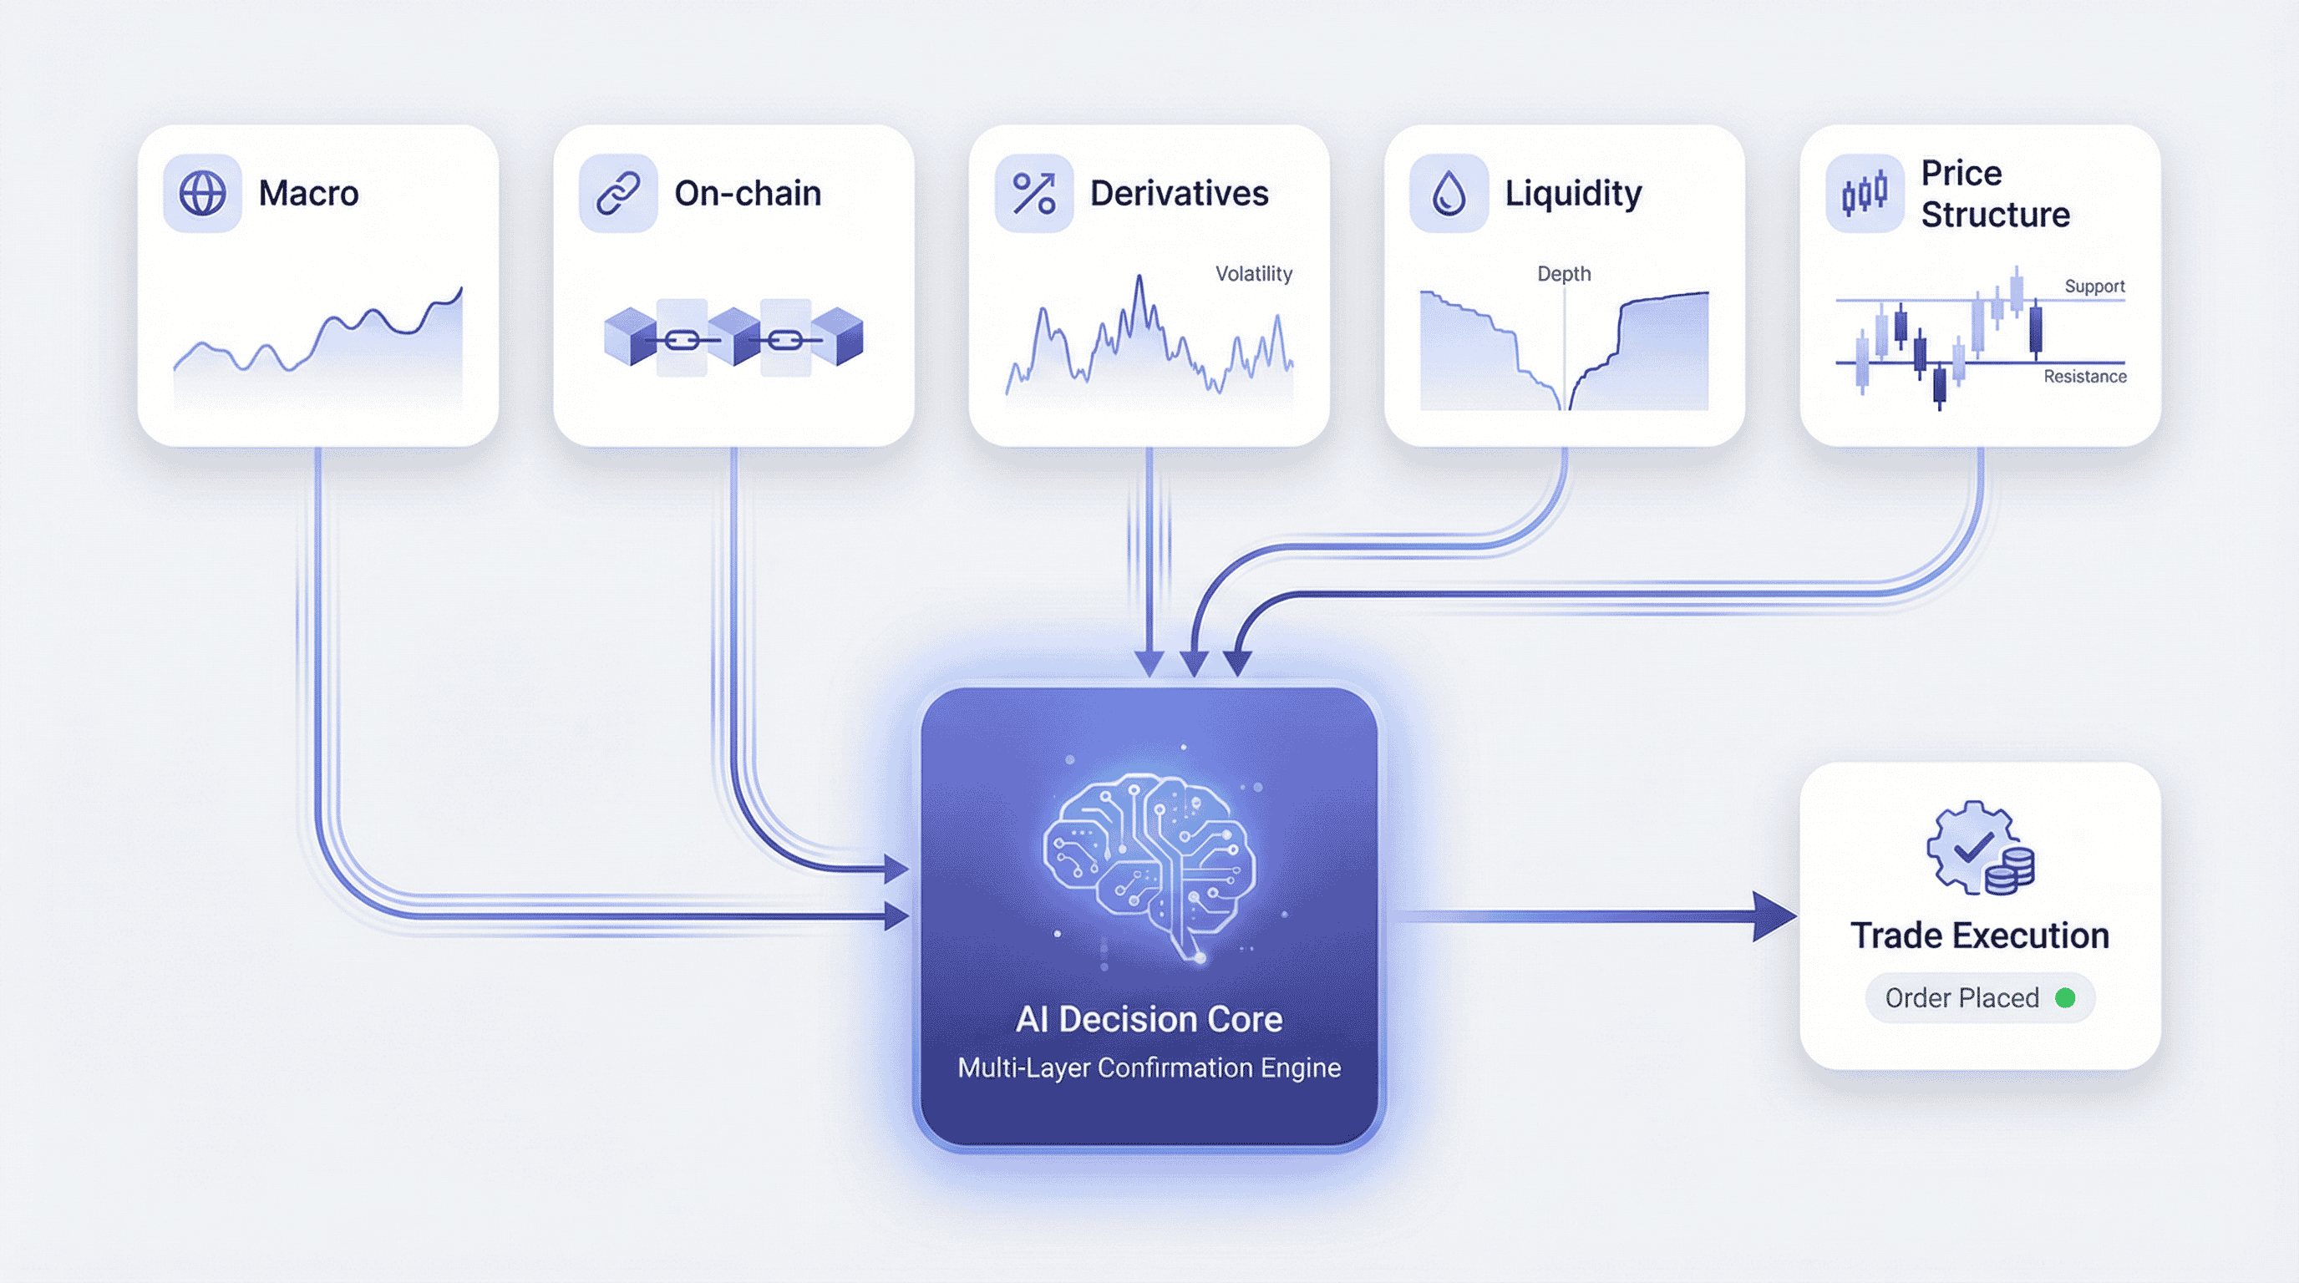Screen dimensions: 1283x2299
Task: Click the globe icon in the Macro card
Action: pyautogui.click(x=203, y=193)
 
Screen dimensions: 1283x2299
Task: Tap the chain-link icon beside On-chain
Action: pyautogui.click(x=617, y=193)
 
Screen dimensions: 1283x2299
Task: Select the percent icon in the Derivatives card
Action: pyautogui.click(x=1033, y=193)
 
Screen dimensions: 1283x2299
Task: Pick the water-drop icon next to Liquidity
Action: pyautogui.click(x=1449, y=193)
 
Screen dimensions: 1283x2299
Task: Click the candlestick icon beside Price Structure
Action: pyautogui.click(x=1865, y=193)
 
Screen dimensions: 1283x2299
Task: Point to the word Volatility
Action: pyautogui.click(x=1253, y=274)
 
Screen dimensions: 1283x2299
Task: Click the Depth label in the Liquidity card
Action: pyautogui.click(x=1564, y=274)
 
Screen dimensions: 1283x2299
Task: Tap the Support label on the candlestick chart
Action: pyautogui.click(x=2093, y=287)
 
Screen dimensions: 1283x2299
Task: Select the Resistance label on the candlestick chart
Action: pyautogui.click(x=2085, y=377)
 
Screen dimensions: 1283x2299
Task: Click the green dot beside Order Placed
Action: pyautogui.click(x=2065, y=997)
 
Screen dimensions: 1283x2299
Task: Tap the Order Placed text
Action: pyautogui.click(x=1962, y=997)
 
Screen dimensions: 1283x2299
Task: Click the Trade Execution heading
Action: pyautogui.click(x=1980, y=936)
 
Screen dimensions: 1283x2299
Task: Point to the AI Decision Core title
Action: pyautogui.click(x=1149, y=1019)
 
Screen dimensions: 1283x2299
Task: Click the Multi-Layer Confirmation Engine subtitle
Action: pyautogui.click(x=1149, y=1068)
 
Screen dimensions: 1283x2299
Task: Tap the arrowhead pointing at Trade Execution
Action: pyautogui.click(x=1774, y=916)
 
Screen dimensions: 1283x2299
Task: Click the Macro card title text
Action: pyautogui.click(x=309, y=194)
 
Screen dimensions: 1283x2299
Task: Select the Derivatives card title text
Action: pyautogui.click(x=1179, y=194)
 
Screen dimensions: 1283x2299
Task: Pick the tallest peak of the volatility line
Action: pyautogui.click(x=1139, y=278)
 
